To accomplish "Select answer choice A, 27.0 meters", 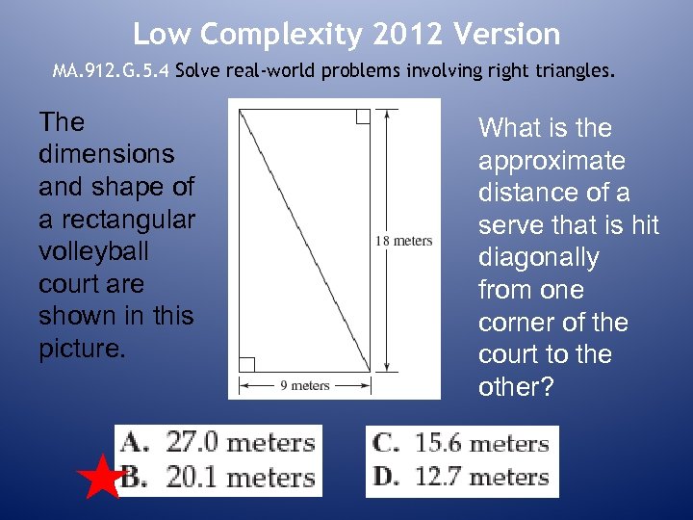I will (x=219, y=443).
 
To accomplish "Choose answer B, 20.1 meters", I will (x=219, y=477).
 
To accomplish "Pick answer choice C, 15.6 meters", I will (x=461, y=444).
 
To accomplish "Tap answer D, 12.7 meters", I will (x=461, y=477).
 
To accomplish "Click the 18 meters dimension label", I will (x=405, y=241).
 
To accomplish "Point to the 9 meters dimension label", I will (x=305, y=385).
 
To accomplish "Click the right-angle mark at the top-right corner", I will (x=362, y=117).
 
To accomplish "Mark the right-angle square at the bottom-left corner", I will (x=246, y=364).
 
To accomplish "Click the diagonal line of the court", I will (x=304, y=241).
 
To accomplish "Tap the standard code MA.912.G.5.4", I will (x=112, y=71).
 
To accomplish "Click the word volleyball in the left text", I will (x=90, y=251).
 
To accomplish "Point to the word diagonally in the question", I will (x=539, y=258).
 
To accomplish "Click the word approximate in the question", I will (x=552, y=161).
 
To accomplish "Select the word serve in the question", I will (x=511, y=225).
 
